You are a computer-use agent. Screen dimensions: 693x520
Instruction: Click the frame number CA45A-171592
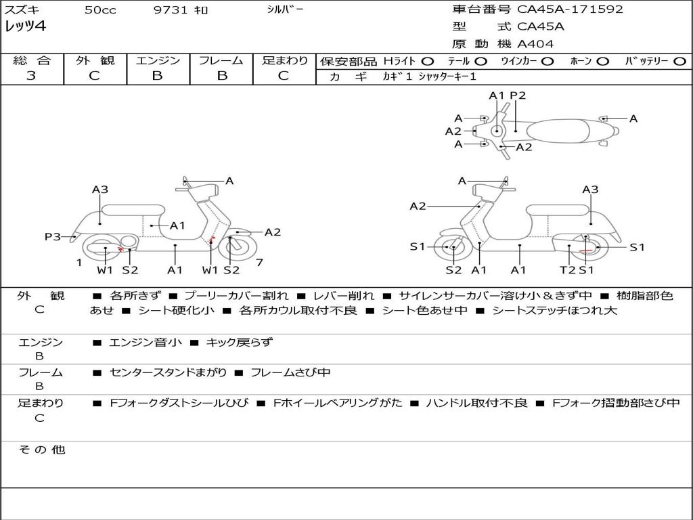click(x=570, y=9)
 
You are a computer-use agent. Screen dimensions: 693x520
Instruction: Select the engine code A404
click(x=535, y=44)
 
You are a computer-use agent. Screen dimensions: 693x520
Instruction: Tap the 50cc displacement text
click(x=100, y=9)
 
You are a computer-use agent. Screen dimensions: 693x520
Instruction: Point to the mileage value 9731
click(x=171, y=9)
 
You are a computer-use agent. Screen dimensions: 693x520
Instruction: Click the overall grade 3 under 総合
click(x=31, y=76)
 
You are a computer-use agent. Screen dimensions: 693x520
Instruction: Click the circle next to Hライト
click(x=428, y=62)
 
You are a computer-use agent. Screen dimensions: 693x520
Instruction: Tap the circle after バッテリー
click(x=679, y=62)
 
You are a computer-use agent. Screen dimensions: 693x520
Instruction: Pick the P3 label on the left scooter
click(x=53, y=237)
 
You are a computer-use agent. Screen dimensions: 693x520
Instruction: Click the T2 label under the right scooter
click(x=567, y=269)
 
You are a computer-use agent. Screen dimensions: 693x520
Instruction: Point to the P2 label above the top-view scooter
click(x=518, y=95)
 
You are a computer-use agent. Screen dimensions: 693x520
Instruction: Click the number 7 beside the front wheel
click(x=259, y=263)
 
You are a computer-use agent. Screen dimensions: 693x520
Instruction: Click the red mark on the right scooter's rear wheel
click(x=585, y=251)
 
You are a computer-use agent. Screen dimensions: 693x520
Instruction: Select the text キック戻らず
click(x=239, y=342)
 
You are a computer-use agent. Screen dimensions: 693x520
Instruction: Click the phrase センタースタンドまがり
click(x=169, y=373)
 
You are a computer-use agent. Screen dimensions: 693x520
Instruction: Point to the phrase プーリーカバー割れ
click(x=236, y=296)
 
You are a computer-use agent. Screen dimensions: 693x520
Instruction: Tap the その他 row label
click(x=42, y=450)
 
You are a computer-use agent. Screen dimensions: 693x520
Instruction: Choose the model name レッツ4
click(x=25, y=26)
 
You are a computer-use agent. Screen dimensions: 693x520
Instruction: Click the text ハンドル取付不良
click(x=477, y=403)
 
